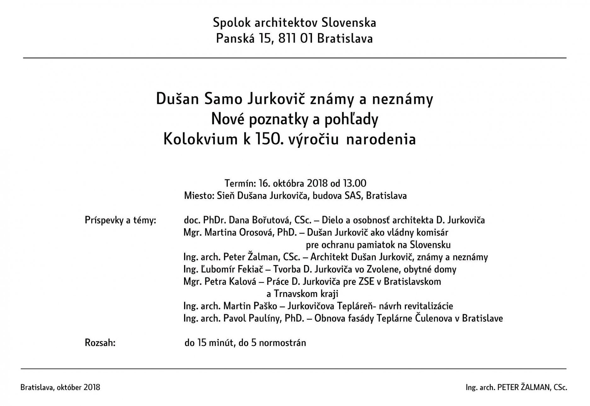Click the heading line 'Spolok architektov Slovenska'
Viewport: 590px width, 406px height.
pos(294,23)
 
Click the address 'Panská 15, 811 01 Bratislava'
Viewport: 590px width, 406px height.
pos(294,38)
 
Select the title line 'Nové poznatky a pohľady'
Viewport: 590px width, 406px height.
pos(294,119)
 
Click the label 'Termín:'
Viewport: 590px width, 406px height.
pos(240,183)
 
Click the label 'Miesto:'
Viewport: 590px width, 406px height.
pos(199,195)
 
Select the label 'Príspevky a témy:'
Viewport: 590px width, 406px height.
pos(120,220)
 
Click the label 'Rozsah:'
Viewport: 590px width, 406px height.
pos(100,342)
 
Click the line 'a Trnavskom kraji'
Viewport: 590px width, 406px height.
pos(302,294)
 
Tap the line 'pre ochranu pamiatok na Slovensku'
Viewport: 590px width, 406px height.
pos(378,245)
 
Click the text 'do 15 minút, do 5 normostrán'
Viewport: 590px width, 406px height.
pos(245,342)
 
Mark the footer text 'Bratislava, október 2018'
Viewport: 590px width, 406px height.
pos(60,387)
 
